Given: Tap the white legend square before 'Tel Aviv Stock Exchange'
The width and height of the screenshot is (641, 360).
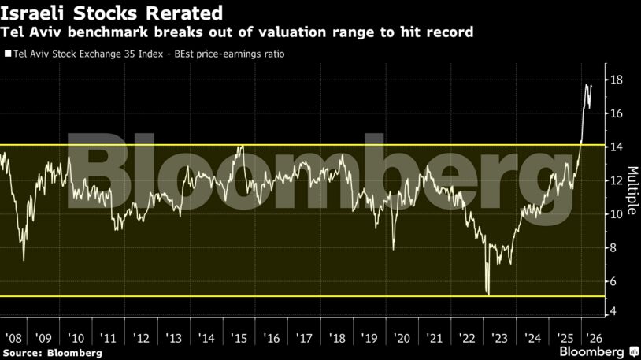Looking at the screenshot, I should coord(7,54).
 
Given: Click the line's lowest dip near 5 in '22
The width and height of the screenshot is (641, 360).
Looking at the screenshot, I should coord(489,295).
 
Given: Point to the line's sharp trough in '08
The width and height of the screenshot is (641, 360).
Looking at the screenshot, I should coord(24,259).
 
